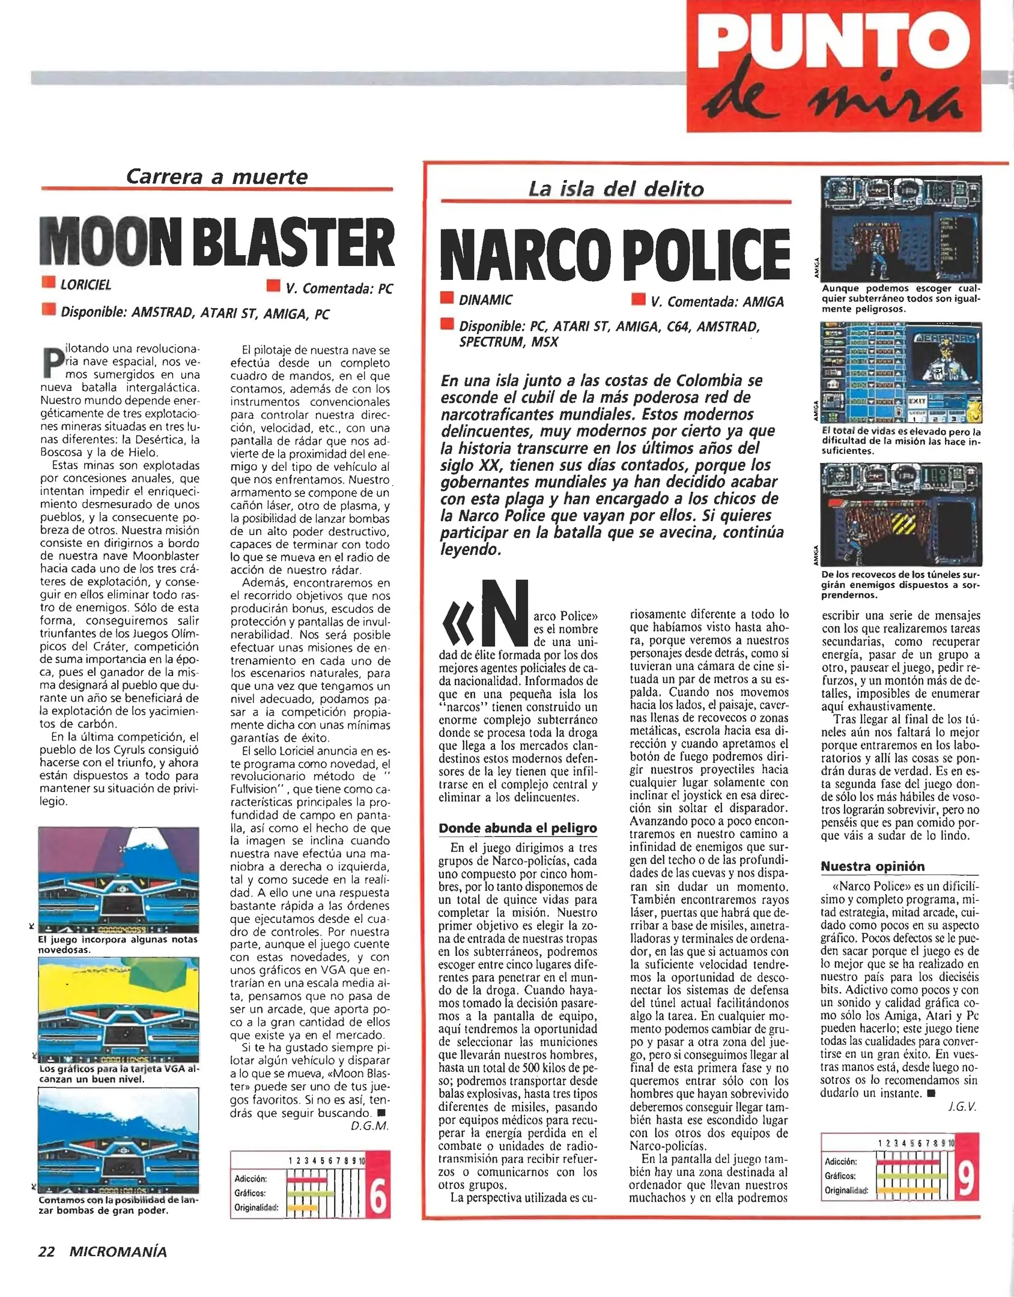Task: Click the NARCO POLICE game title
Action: [615, 255]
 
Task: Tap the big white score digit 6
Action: [378, 1197]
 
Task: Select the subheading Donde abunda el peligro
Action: [517, 828]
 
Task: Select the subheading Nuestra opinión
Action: [873, 866]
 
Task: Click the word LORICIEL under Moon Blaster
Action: [86, 285]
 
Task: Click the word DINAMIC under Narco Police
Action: [485, 300]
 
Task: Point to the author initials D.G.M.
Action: [369, 1126]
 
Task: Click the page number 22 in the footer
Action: [46, 1251]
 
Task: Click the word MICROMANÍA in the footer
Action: [118, 1251]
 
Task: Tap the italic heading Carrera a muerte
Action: [216, 177]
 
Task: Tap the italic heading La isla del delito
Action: [616, 189]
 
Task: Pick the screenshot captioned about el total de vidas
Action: [900, 373]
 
